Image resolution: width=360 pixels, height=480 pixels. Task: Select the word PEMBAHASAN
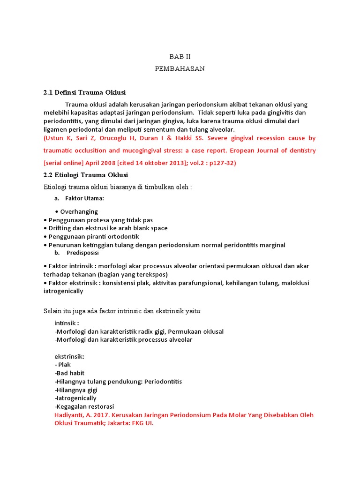point(180,68)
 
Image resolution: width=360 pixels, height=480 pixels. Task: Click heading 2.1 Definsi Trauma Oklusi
point(84,92)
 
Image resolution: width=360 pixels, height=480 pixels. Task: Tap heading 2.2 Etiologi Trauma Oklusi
point(85,175)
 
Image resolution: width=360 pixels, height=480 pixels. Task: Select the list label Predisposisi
point(82,253)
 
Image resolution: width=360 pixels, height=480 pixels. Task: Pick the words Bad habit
point(70,373)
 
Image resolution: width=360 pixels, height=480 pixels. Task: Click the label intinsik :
point(67,323)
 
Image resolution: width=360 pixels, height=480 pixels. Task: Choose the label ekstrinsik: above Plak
point(69,356)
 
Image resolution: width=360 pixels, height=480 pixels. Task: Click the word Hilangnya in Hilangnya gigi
point(70,390)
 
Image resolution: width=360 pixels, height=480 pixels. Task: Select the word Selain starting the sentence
point(53,311)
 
